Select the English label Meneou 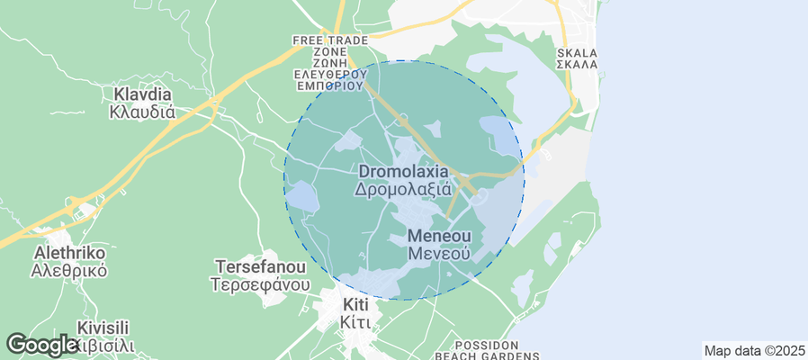[439, 236]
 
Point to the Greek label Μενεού [439, 254]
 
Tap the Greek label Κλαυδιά [141, 112]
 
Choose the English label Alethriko [69, 252]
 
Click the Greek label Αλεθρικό [69, 270]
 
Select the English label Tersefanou [261, 267]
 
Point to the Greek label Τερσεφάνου [261, 284]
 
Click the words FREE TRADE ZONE [331, 47]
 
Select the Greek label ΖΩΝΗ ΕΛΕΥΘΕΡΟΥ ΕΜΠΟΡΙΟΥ [331, 76]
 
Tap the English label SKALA [577, 53]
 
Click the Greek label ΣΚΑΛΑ [577, 65]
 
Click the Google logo [41, 345]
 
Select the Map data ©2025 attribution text [754, 350]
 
